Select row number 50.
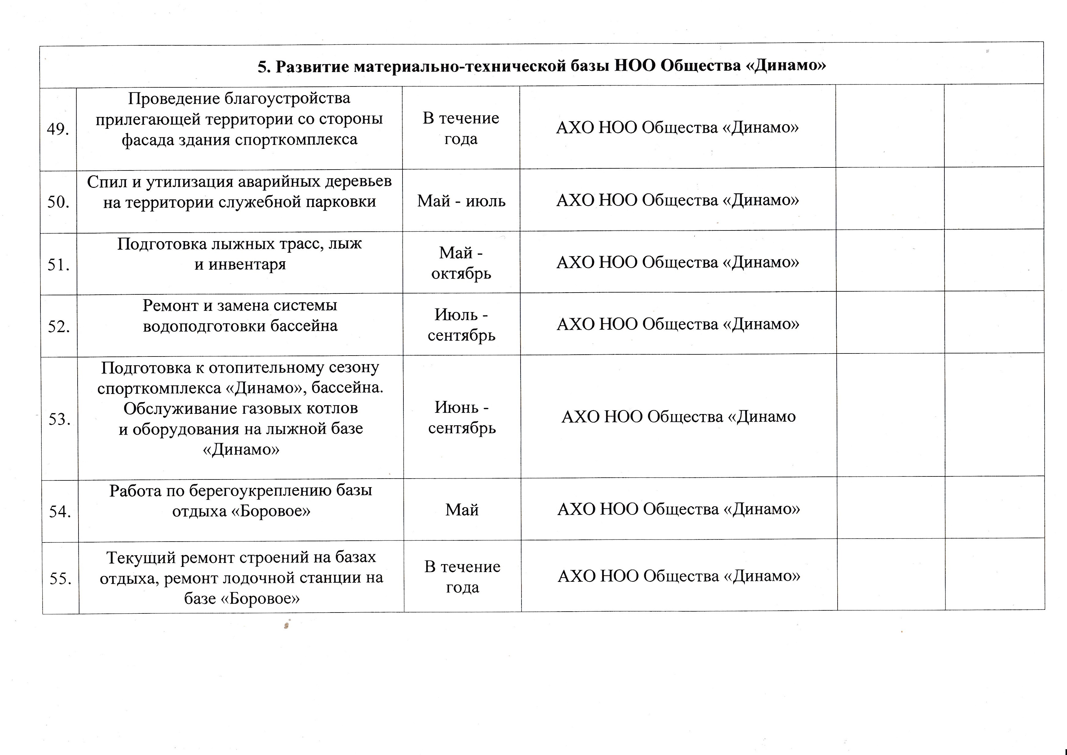tap(58, 202)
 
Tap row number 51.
tap(58, 265)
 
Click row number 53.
tap(60, 419)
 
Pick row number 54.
tap(60, 511)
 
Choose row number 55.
tap(61, 578)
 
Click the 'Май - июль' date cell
tap(461, 201)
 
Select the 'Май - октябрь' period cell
tap(461, 263)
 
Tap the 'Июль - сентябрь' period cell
tap(462, 325)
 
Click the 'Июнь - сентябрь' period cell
tap(462, 417)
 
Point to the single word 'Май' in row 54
tap(462, 510)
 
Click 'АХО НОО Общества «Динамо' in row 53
tap(678, 416)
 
